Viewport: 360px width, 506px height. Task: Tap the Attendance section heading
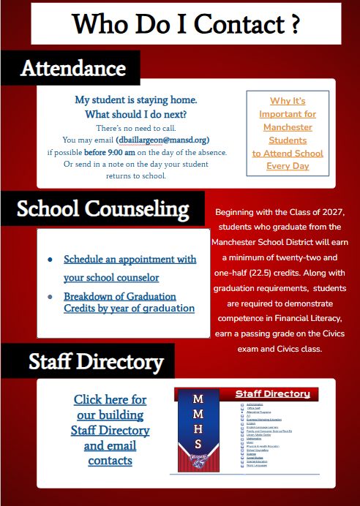pyautogui.click(x=72, y=68)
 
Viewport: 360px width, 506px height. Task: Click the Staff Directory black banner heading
pyautogui.click(x=96, y=361)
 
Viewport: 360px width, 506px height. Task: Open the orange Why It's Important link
pyautogui.click(x=288, y=133)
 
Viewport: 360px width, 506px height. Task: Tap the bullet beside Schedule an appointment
pyautogui.click(x=50, y=260)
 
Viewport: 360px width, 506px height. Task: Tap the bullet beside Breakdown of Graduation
pyautogui.click(x=50, y=297)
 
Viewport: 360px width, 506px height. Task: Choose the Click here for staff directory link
pyautogui.click(x=110, y=430)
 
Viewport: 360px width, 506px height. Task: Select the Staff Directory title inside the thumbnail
pyautogui.click(x=272, y=394)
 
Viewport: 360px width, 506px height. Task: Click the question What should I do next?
pyautogui.click(x=135, y=114)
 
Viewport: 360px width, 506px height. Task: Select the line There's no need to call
pyautogui.click(x=135, y=127)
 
